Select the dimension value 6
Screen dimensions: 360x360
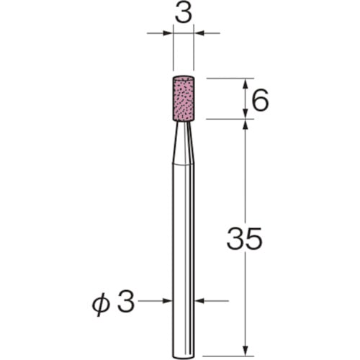[x=260, y=100]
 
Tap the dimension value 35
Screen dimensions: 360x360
[x=244, y=238]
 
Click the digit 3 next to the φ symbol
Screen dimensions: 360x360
[x=125, y=301]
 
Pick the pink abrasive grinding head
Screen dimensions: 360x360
[x=184, y=99]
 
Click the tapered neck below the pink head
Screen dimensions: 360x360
[x=184, y=143]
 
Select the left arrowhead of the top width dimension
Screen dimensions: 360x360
[x=168, y=33]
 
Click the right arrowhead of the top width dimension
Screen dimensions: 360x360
[x=199, y=33]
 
